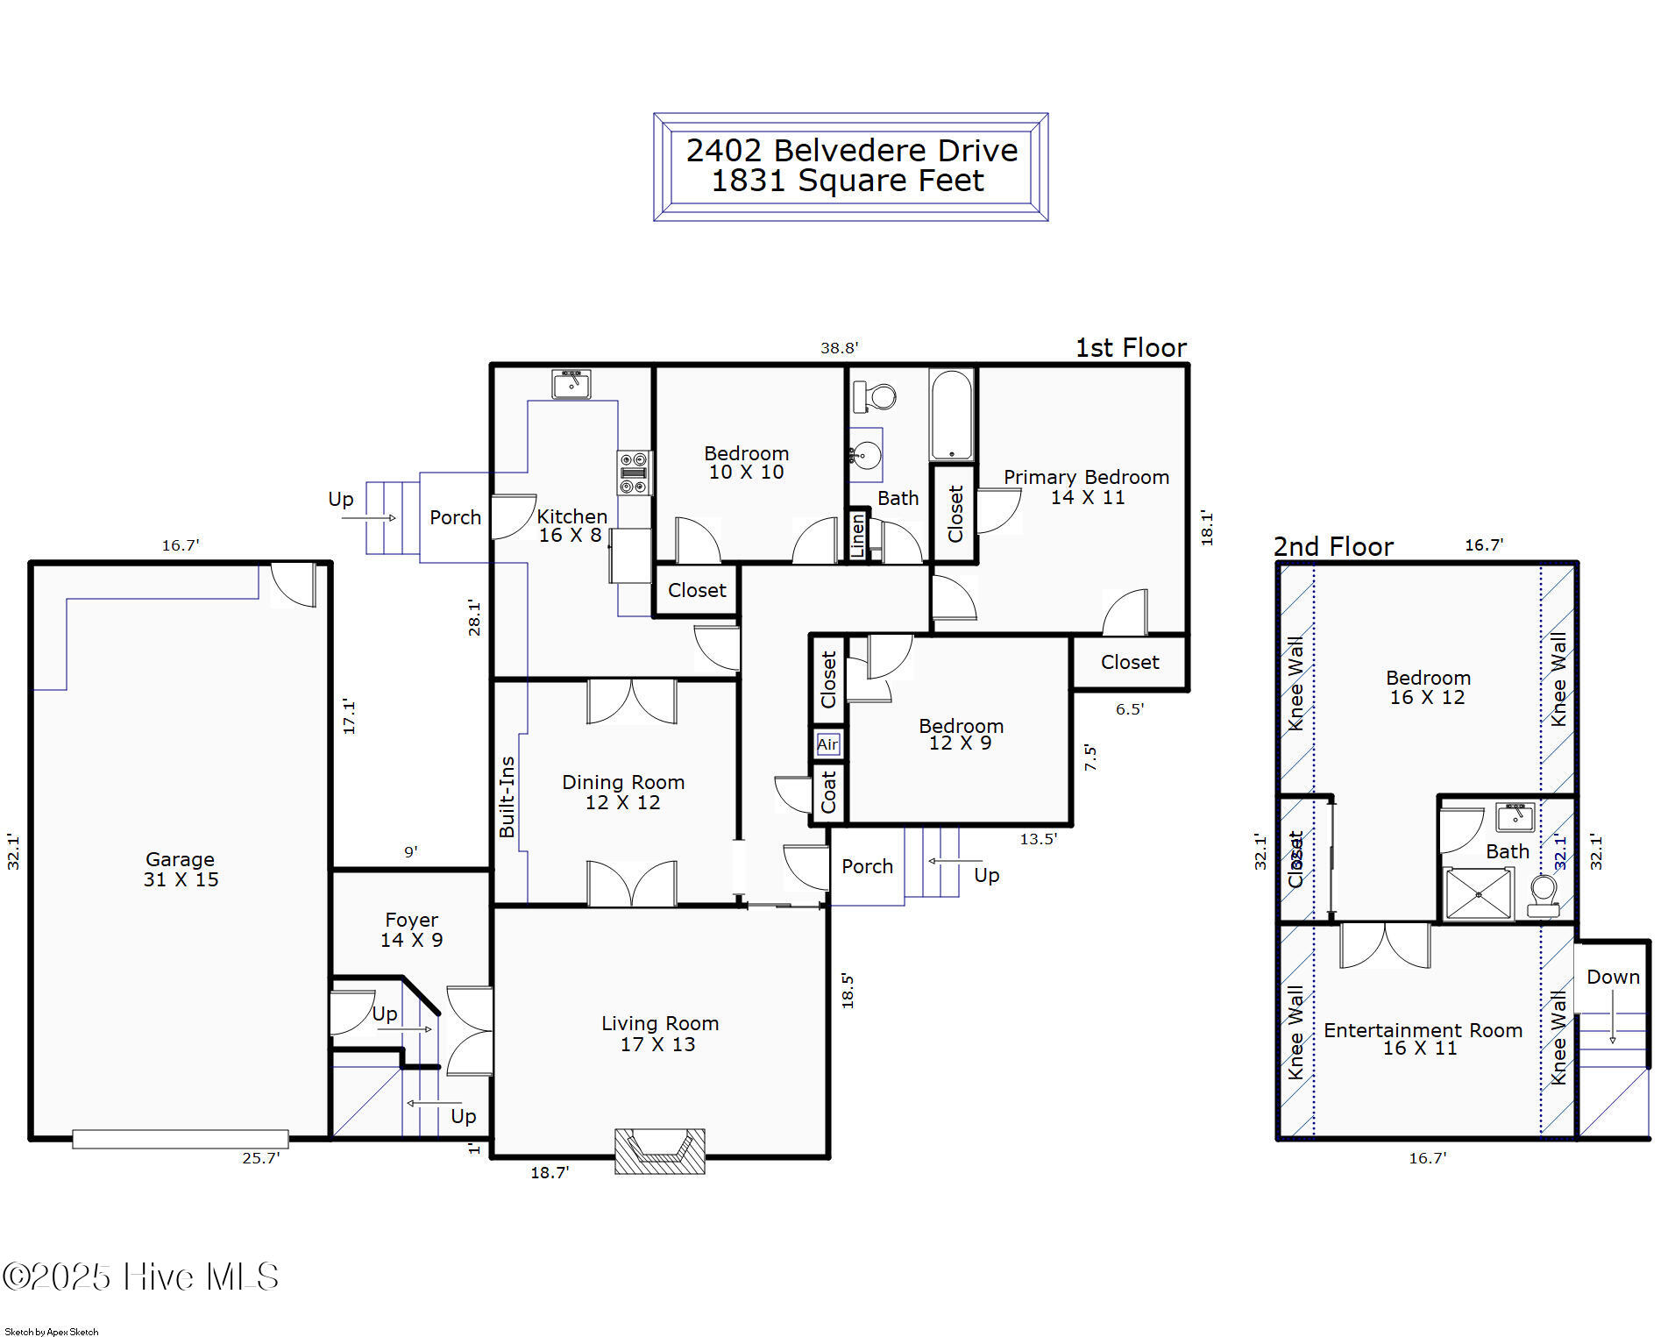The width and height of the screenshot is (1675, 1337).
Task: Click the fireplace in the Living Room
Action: pos(659,1150)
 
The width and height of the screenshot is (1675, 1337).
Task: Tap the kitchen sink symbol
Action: pos(571,384)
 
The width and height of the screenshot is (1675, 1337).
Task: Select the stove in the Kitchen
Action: pos(634,473)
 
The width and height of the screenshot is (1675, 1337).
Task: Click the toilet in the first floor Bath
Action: pos(875,396)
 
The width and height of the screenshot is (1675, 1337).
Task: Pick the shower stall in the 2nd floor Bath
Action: pos(1479,894)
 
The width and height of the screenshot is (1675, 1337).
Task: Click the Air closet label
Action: pos(827,744)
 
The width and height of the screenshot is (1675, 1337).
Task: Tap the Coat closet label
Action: pos(828,792)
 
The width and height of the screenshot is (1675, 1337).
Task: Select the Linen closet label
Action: pos(858,534)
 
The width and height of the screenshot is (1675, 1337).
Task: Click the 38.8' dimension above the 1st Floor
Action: pos(839,348)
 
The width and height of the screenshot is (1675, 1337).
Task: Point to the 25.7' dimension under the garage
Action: pos(260,1158)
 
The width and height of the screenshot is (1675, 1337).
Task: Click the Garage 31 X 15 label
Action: pos(181,870)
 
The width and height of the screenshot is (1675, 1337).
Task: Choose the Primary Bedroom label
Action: pos(1086,487)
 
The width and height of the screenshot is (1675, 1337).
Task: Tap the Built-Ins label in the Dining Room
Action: pos(507,797)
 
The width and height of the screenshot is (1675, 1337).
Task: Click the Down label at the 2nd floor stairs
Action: pos(1612,977)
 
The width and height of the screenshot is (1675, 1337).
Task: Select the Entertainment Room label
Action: pos(1422,1039)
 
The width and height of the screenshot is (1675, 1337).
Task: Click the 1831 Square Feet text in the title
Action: pos(847,181)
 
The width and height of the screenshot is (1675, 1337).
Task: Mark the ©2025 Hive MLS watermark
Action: pos(140,1277)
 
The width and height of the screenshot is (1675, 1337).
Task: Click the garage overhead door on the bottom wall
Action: pos(180,1139)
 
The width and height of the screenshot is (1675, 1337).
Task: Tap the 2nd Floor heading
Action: pos(1332,547)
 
